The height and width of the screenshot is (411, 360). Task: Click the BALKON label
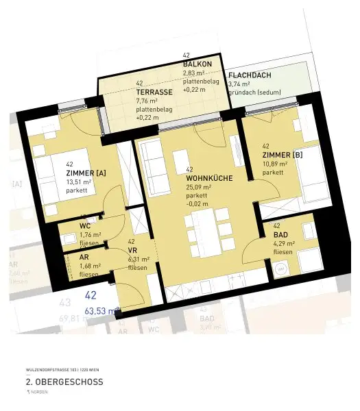click(197, 64)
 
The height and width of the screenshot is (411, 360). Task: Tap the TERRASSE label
click(153, 91)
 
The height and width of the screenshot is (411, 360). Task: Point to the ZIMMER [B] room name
click(282, 155)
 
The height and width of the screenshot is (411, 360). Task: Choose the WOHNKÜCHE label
click(209, 178)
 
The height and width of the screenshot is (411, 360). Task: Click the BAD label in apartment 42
click(280, 234)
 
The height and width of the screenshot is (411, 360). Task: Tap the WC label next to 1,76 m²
click(85, 225)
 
